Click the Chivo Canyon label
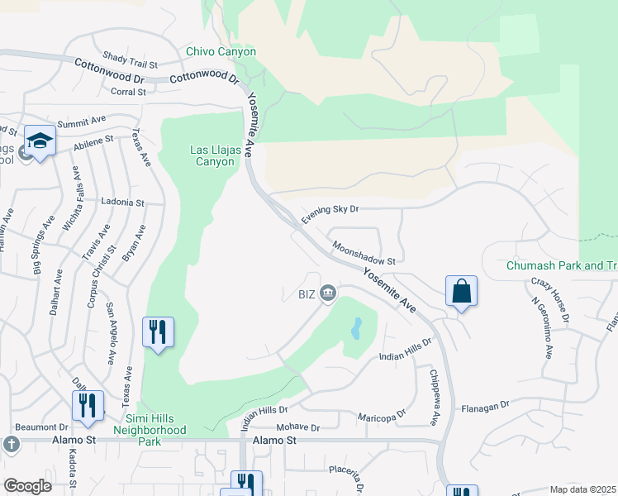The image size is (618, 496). point(221,52)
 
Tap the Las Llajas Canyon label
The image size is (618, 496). point(212,155)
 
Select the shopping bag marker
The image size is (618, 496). point(461,292)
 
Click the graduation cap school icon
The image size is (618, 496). point(40,141)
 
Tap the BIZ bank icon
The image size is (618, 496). point(328,293)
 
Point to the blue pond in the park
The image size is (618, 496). point(356,329)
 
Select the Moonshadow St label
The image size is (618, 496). point(364,253)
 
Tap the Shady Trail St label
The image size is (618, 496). point(130,60)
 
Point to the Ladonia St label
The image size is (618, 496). point(122,202)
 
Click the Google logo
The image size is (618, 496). point(28,486)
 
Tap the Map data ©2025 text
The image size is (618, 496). point(582,489)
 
